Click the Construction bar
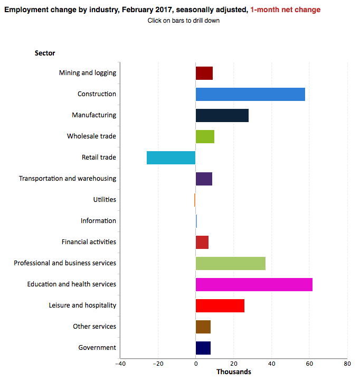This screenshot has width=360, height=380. click(250, 94)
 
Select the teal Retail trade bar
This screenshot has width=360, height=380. click(171, 157)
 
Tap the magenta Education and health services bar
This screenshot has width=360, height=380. click(254, 284)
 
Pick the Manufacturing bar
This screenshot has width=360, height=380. click(222, 115)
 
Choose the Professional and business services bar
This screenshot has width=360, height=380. click(230, 263)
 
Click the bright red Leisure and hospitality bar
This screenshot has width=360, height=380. click(220, 305)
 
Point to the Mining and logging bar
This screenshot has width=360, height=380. click(204, 73)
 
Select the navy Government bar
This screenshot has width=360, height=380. click(203, 348)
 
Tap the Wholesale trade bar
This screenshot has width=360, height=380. click(205, 136)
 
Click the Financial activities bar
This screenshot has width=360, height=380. click(202, 242)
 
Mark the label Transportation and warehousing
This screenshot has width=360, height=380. click(68, 179)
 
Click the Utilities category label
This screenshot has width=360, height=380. click(105, 200)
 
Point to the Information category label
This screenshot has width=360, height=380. click(98, 221)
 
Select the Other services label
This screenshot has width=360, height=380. click(94, 327)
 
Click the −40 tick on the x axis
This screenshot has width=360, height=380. click(120, 364)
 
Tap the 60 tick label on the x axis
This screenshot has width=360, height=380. click(309, 364)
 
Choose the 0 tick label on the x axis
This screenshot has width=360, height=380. click(196, 364)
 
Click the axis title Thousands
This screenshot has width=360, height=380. click(234, 372)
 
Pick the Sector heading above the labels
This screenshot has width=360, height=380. click(45, 53)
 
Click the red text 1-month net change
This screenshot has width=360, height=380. click(285, 10)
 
